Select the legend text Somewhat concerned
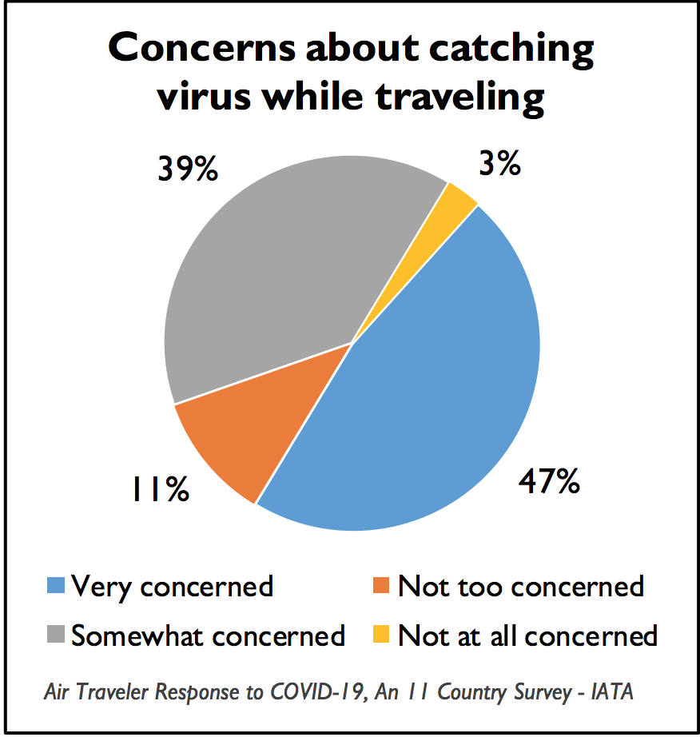[208, 636]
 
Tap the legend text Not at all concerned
[527, 636]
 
